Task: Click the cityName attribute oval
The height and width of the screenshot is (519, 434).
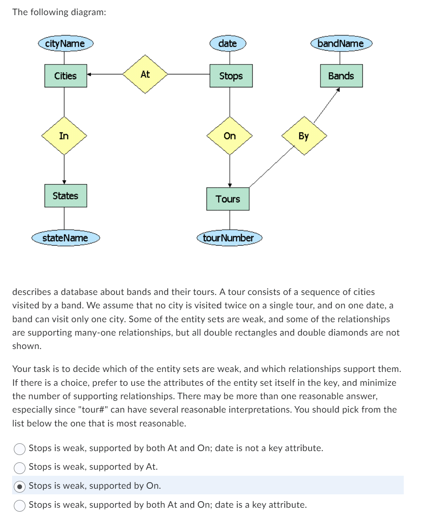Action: pyautogui.click(x=65, y=43)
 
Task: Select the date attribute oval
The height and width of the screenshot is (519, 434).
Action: pyautogui.click(x=228, y=43)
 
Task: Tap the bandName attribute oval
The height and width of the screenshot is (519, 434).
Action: pyautogui.click(x=341, y=43)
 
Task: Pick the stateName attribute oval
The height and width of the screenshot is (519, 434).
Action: pyautogui.click(x=65, y=238)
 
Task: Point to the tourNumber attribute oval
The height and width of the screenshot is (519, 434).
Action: pyautogui.click(x=228, y=238)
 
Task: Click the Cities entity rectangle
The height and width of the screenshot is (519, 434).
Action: pyautogui.click(x=66, y=76)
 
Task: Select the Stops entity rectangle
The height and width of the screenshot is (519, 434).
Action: pyautogui.click(x=231, y=76)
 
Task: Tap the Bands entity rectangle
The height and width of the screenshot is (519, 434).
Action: pyautogui.click(x=341, y=76)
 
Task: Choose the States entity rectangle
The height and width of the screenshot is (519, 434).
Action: pyautogui.click(x=66, y=195)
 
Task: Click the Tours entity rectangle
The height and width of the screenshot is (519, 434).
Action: pyautogui.click(x=228, y=199)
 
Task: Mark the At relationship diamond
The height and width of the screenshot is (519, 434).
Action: pyautogui.click(x=145, y=74)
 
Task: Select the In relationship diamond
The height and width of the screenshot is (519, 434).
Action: pyautogui.click(x=64, y=136)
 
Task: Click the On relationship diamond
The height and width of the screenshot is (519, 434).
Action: pyautogui.click(x=230, y=136)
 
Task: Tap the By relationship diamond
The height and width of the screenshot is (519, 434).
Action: pyautogui.click(x=304, y=136)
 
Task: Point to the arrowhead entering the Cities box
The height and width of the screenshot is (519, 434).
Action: pyautogui.click(x=89, y=74)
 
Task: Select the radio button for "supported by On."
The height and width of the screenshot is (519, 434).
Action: pyautogui.click(x=20, y=486)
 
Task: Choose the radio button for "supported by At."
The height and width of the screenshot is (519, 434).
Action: pyautogui.click(x=20, y=467)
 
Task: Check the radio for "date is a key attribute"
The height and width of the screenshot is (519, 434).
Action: pyautogui.click(x=20, y=505)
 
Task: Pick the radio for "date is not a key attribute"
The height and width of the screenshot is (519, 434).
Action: pyautogui.click(x=20, y=449)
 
